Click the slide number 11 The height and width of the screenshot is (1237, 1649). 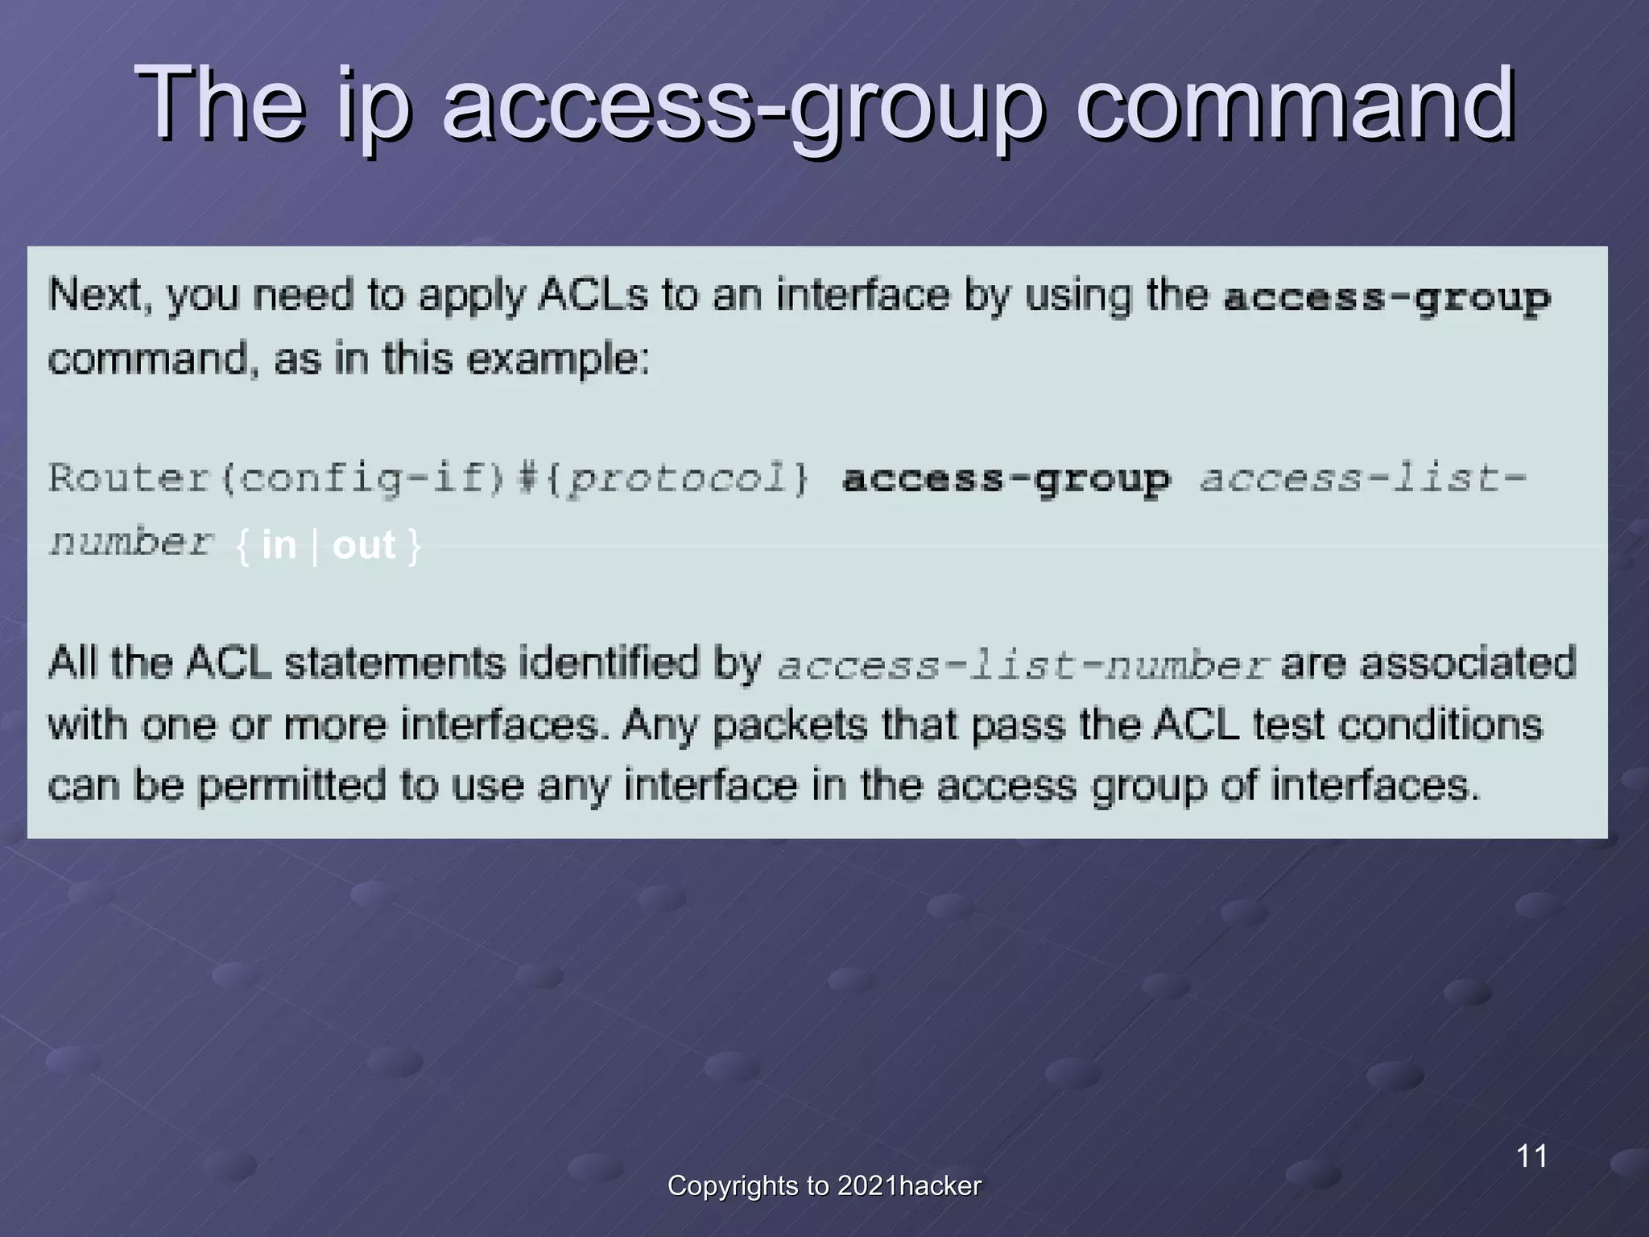pyautogui.click(x=1531, y=1156)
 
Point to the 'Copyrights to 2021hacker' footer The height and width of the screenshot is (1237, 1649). pyautogui.click(x=824, y=1185)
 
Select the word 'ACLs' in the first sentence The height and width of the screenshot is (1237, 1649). pyautogui.click(x=593, y=295)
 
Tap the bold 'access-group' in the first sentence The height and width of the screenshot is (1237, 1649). pyautogui.click(x=1387, y=298)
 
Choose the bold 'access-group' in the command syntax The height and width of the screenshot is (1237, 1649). pyautogui.click(x=1006, y=480)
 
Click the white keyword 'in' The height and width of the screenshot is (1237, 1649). pyautogui.click(x=279, y=545)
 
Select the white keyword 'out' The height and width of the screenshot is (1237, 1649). pyautogui.click(x=364, y=545)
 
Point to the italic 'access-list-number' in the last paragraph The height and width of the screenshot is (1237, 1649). pyautogui.click(x=1023, y=665)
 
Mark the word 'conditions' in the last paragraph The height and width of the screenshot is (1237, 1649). pyautogui.click(x=1440, y=725)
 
